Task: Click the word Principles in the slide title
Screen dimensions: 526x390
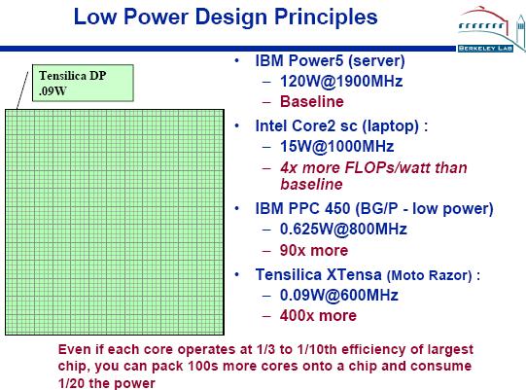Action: (326, 17)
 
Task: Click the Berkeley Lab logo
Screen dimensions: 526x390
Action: (491, 29)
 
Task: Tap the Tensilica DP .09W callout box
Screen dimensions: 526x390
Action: (83, 83)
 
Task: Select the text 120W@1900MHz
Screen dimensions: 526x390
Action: (341, 82)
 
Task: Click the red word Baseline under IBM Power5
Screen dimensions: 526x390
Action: (312, 101)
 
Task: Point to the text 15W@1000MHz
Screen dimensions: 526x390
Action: (336, 146)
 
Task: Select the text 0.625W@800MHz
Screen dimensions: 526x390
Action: (343, 229)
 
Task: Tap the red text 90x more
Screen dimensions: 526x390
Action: (314, 250)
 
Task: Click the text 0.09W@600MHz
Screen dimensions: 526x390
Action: (338, 295)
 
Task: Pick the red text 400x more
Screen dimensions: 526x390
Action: (318, 315)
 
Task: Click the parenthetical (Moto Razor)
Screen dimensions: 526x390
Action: (430, 275)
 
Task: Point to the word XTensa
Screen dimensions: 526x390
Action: (354, 274)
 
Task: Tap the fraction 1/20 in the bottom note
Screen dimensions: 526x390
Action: (71, 383)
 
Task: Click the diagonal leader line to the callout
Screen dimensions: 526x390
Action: (22, 89)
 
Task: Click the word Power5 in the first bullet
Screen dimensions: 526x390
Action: (316, 60)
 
